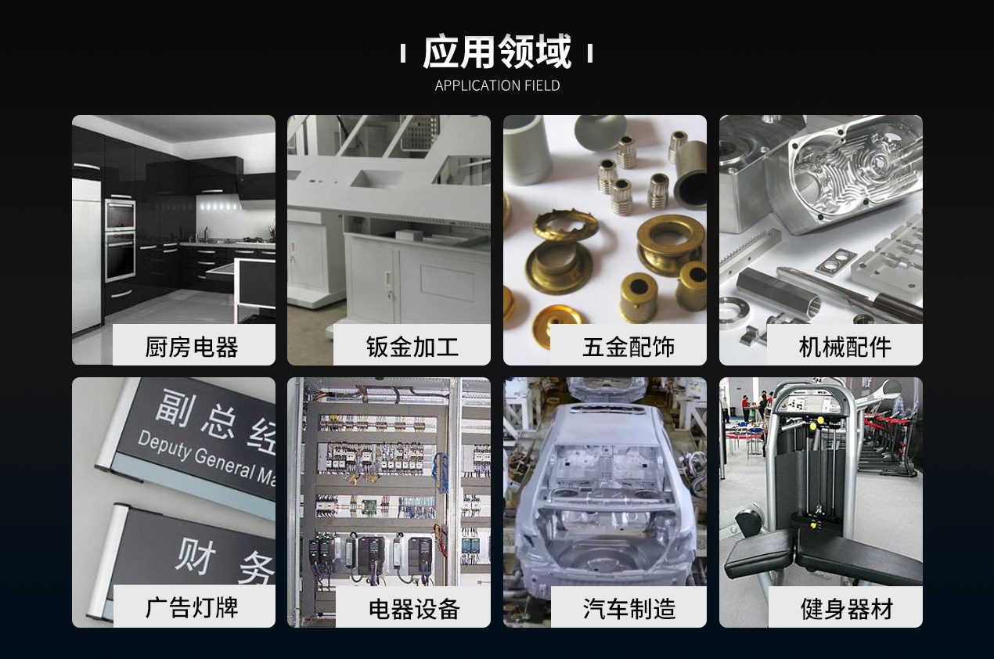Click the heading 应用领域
pos(497,53)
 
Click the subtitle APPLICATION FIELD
pos(497,85)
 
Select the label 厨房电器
pos(192,346)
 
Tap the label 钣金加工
pos(412,346)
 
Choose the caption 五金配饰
pos(628,346)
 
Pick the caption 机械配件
pos(845,346)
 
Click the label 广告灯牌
pos(192,607)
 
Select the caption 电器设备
pos(413,608)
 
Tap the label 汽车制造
pos(628,608)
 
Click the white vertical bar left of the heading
pos(403,54)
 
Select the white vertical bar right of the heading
pos(589,54)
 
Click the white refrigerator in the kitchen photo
pos(86,250)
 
